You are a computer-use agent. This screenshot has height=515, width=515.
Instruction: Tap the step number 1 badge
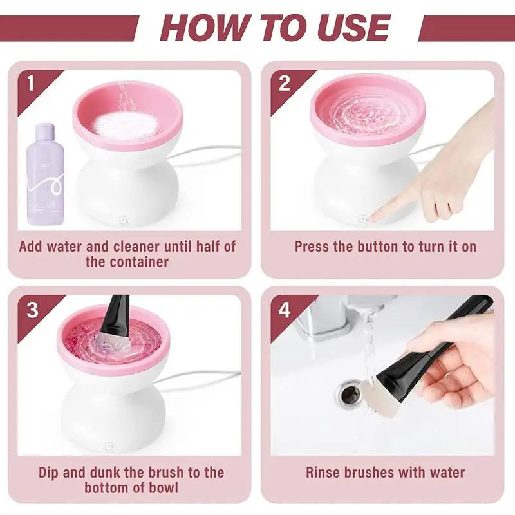coord(29,84)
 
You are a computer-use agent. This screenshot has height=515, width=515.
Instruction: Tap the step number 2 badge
coord(285,84)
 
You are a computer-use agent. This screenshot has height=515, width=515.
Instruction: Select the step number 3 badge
coord(32,310)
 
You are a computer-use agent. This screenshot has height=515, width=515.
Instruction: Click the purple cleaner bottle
coord(45,180)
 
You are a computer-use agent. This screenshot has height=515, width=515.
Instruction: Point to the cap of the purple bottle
coord(44,132)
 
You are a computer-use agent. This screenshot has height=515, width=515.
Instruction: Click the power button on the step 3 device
coord(109,445)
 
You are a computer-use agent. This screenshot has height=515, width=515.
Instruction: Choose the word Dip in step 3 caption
coord(51,472)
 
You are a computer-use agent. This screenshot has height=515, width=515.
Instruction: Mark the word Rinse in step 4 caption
coord(325,472)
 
